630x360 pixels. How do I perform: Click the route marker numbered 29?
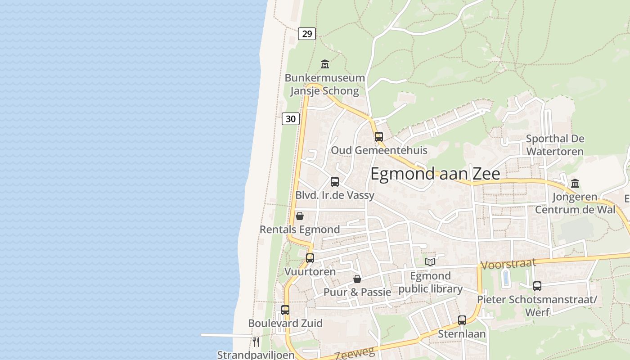307,34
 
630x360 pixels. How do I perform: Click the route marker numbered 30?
291,119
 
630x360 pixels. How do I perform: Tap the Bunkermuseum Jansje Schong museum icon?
324,64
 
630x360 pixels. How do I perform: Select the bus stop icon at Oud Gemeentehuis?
379,136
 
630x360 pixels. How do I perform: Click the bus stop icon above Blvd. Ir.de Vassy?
335,182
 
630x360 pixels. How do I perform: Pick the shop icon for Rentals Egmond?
300,216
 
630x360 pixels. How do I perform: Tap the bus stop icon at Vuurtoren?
310,258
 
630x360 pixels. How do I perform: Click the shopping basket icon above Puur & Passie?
357,279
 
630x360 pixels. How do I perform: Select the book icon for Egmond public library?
430,262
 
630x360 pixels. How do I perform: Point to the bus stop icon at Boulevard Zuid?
285,310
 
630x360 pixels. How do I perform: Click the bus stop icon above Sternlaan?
462,320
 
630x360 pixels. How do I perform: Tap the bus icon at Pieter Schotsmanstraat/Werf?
537,286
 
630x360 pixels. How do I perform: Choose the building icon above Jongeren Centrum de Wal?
575,183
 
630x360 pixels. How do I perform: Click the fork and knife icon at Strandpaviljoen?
256,342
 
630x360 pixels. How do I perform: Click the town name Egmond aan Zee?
435,174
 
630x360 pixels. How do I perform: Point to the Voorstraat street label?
508,264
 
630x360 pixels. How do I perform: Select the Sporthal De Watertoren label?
555,145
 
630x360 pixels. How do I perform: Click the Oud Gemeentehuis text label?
379,150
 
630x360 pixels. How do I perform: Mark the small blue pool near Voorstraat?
506,278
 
